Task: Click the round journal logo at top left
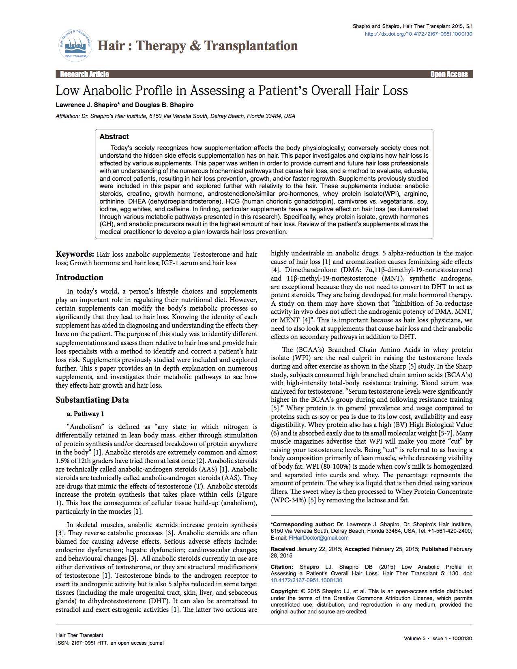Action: click(75, 45)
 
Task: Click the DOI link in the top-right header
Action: click(418, 34)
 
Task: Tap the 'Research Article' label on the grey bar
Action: click(84, 74)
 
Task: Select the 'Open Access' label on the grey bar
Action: click(449, 74)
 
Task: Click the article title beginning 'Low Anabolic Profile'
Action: click(232, 90)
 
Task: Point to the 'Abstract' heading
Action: click(114, 137)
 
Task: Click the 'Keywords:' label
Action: click(75, 254)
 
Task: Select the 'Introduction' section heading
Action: click(79, 278)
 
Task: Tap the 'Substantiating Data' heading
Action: click(92, 400)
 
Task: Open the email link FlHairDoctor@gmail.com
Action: click(318, 538)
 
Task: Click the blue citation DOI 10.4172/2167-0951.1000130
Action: click(306, 580)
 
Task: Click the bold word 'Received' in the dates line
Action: click(283, 549)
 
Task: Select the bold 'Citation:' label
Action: click(282, 567)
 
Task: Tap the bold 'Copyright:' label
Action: click(285, 591)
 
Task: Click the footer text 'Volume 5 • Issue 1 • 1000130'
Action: click(438, 639)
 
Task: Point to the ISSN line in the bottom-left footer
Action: click(109, 643)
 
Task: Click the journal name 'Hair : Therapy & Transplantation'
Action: click(197, 46)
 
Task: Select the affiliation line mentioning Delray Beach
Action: click(175, 116)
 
